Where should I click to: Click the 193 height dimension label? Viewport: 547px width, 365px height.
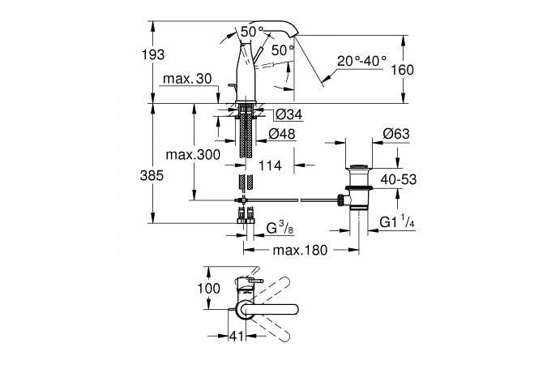pyautogui.click(x=153, y=54)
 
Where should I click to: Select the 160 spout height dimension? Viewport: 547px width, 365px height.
pyautogui.click(x=402, y=70)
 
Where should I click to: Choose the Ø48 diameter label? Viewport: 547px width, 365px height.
pyautogui.click(x=279, y=132)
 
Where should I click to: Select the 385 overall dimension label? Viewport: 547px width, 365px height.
pyautogui.click(x=153, y=175)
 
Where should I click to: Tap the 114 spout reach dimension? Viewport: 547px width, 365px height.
pyautogui.click(x=270, y=166)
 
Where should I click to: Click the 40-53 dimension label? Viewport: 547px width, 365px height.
pyautogui.click(x=398, y=178)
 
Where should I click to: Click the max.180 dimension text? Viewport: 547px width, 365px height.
pyautogui.click(x=299, y=250)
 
